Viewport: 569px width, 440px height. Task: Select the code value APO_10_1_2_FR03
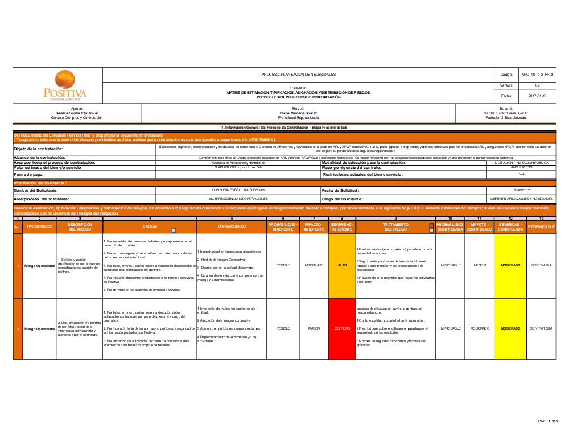[537, 75]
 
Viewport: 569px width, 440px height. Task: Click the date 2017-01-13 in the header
[537, 96]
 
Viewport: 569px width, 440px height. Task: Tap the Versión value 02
[537, 85]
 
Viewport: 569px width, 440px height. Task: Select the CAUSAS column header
[150, 226]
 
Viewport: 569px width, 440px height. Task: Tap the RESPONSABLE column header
[541, 227]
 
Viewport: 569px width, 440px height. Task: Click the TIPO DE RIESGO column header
[39, 227]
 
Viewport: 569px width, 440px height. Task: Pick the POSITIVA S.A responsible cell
[541, 265]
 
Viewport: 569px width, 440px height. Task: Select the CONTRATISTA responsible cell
[541, 328]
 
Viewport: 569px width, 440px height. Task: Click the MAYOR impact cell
[314, 328]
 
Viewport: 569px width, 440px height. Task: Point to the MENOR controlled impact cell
[480, 265]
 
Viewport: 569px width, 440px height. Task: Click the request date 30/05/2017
[521, 190]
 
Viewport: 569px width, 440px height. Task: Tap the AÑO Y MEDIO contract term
[521, 168]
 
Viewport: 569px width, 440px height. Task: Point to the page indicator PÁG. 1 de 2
[549, 421]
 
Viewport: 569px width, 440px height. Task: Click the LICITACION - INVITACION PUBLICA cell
[521, 163]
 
